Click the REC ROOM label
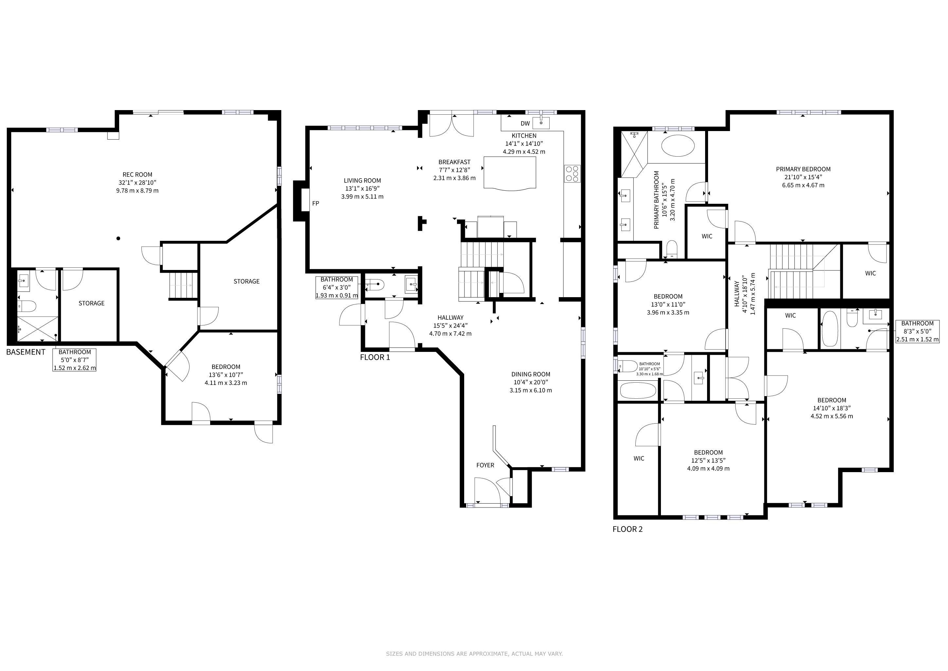point(137,175)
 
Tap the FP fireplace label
point(316,203)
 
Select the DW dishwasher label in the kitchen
point(525,123)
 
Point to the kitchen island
point(510,173)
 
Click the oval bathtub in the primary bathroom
point(678,145)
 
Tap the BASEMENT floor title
point(26,352)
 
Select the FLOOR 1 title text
point(375,357)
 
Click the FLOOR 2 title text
point(628,529)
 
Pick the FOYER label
point(485,465)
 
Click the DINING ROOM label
point(531,374)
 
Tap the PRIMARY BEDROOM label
point(803,169)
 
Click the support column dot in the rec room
point(118,239)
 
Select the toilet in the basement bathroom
point(27,306)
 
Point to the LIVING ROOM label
point(362,181)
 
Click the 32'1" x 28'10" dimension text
point(137,182)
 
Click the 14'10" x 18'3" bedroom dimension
point(831,408)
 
